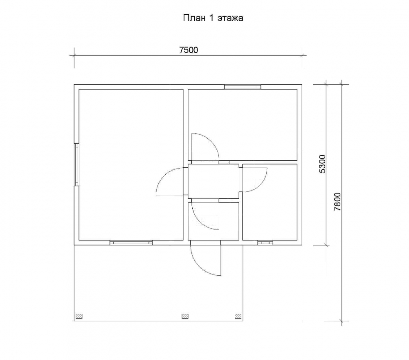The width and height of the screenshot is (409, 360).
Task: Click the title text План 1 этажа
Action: coord(213,18)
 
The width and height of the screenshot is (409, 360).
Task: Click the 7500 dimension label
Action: coord(189,50)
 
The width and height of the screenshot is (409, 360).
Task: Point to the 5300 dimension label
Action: coord(322,164)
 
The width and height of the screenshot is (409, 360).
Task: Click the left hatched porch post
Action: coord(79,316)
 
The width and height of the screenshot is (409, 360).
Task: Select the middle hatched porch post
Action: coord(185,316)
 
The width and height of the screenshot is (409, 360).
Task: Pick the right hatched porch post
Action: coord(238,316)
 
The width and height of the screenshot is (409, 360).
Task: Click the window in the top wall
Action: coord(243,87)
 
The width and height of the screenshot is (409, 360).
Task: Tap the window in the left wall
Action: coord(77,164)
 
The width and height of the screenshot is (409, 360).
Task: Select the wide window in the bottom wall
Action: coord(131,243)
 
